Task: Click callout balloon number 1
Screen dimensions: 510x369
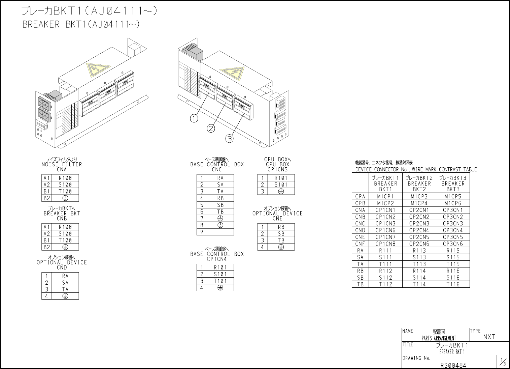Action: pos(194,118)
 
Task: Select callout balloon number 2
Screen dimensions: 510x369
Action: pos(211,129)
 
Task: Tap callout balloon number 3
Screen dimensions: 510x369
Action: pos(229,139)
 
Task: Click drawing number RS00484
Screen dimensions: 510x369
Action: pos(453,365)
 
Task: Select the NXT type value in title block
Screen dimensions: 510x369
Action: pos(489,337)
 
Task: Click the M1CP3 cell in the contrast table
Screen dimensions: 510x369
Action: pos(419,196)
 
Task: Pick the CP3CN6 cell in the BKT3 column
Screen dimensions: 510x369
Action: pos(453,244)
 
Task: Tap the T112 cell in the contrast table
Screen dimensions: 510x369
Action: pos(385,284)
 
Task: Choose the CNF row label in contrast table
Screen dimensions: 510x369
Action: pos(360,244)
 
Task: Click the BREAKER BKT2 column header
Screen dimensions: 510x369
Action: pos(419,183)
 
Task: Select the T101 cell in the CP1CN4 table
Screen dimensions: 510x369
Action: pos(220,281)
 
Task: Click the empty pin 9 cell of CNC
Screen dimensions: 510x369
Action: pos(220,232)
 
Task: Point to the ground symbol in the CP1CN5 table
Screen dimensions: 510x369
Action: pos(281,191)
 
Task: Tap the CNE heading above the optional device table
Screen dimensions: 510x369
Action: pos(277,219)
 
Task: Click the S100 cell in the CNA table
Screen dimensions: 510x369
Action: pos(65,184)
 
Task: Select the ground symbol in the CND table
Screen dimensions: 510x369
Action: pos(65,296)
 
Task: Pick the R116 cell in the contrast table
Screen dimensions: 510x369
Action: pos(453,271)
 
